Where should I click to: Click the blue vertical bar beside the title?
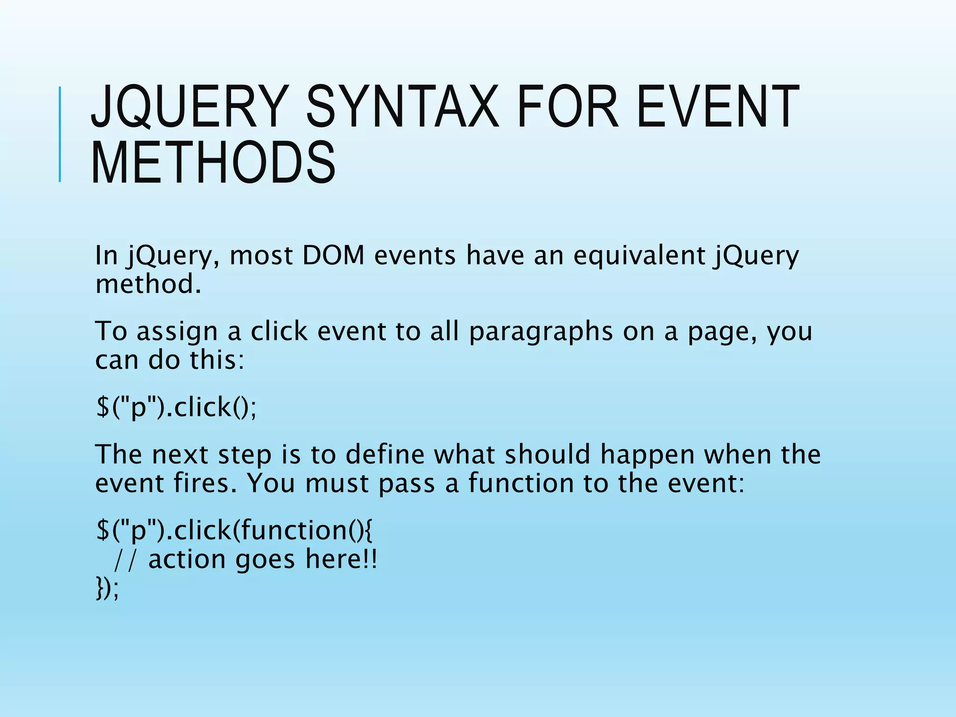(x=60, y=134)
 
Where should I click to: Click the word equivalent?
(x=639, y=256)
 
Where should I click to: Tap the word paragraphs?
(x=541, y=332)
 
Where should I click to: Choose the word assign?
(x=177, y=332)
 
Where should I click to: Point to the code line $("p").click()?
(x=176, y=407)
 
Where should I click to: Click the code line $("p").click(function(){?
(x=234, y=530)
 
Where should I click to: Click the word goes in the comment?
(x=265, y=560)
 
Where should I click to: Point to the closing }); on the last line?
(x=107, y=588)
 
